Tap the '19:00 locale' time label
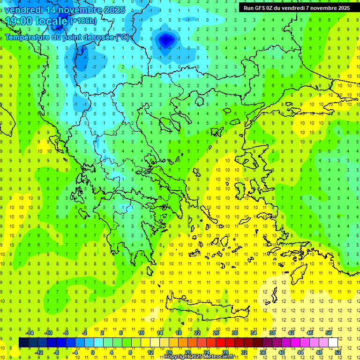[x=36, y=21]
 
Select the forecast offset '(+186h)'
[x=83, y=21]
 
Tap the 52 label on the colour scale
[x=338, y=352]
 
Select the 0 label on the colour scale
[x=93, y=352]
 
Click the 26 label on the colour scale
[x=216, y=332]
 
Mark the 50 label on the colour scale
[x=329, y=332]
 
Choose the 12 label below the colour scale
[x=150, y=352]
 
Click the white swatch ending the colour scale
[x=333, y=342]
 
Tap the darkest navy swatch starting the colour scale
[x=23, y=342]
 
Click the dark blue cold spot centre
[x=166, y=40]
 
